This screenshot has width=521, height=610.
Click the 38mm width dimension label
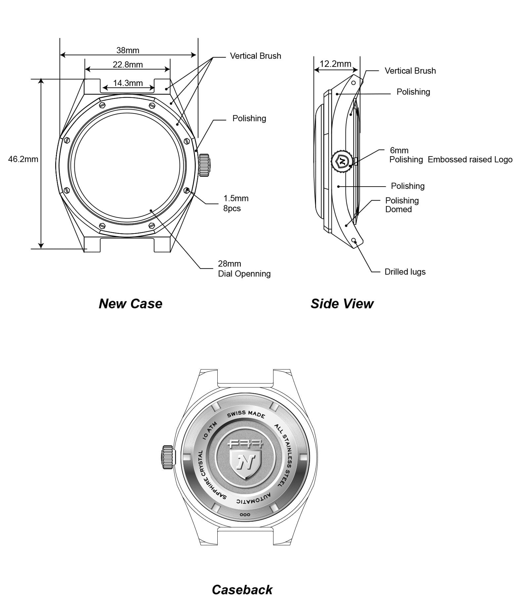point(128,50)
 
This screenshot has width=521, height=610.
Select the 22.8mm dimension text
point(128,65)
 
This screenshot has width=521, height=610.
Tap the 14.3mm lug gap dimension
point(128,83)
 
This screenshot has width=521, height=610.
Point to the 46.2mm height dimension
point(23,159)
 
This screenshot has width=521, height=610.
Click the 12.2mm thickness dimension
point(335,64)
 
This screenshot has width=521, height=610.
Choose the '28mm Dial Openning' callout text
point(244,269)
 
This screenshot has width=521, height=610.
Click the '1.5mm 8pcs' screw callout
point(236,203)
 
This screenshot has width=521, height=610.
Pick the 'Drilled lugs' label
point(405,272)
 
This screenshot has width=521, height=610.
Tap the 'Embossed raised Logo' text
point(470,159)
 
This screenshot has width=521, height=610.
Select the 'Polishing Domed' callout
point(402,205)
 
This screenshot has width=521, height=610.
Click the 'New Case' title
point(131,304)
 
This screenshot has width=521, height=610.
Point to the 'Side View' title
point(342,304)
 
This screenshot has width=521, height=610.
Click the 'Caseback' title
point(242,589)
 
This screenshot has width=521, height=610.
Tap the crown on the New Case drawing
point(204,165)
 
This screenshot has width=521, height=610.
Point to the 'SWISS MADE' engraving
point(246,414)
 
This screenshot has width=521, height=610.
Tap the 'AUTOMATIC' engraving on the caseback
point(253,499)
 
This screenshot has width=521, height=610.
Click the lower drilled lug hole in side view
point(354,240)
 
